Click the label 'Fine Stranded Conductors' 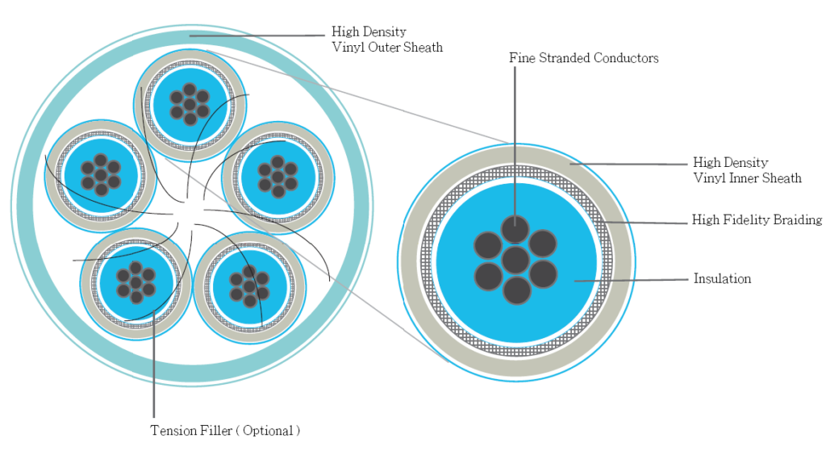coord(584,58)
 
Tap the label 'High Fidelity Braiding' coord(757,219)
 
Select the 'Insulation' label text coord(722,279)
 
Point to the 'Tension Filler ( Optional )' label coord(225,431)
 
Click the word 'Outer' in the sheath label coord(389,48)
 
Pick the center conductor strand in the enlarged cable coord(515,261)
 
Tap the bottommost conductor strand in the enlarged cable coord(516,290)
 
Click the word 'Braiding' coord(795,219)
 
